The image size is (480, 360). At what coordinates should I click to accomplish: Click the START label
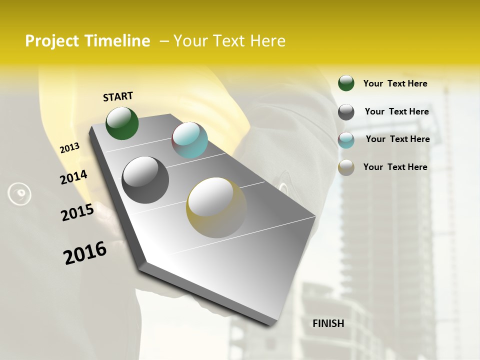[118, 96]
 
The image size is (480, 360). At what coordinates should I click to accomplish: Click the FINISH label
[328, 323]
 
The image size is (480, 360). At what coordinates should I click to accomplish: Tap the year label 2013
[70, 148]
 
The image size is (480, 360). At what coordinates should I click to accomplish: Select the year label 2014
[73, 177]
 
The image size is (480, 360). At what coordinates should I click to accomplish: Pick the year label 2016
[85, 252]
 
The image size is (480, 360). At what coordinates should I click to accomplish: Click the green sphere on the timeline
[122, 123]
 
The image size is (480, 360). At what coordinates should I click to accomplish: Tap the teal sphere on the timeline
[189, 140]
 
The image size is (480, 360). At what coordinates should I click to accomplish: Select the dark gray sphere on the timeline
[145, 180]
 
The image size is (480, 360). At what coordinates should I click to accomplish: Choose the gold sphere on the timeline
[216, 207]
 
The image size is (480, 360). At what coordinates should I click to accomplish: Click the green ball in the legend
[346, 83]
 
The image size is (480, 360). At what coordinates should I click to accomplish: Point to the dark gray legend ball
[346, 112]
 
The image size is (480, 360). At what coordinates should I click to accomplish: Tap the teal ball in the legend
[346, 140]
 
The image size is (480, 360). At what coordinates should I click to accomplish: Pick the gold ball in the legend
[346, 167]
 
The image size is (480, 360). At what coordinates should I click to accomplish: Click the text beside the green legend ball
[395, 83]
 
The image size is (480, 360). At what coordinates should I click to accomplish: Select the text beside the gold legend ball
[395, 167]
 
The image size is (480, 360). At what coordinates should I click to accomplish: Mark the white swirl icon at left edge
[19, 193]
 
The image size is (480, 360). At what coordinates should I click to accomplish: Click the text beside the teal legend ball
[397, 139]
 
